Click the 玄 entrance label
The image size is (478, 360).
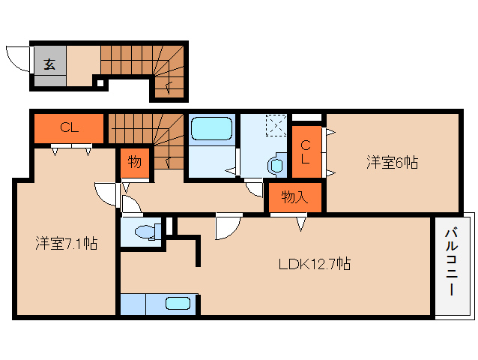pos(49,64)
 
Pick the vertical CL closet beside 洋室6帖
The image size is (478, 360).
pos(306,154)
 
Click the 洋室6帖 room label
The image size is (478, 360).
pos(392,161)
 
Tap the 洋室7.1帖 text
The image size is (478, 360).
pos(65,243)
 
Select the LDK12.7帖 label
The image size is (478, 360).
pos(315,264)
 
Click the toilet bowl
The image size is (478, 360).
pos(147,232)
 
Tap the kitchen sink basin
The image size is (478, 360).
pos(178,304)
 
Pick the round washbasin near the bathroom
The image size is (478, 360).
pos(277,163)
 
